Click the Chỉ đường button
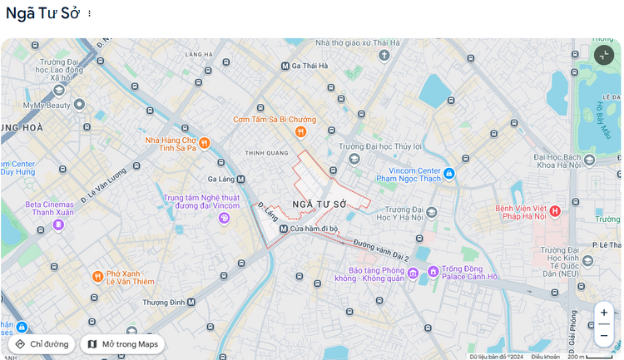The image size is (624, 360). (x=42, y=343)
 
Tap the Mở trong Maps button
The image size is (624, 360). (x=121, y=343)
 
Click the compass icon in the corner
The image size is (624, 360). (x=603, y=55)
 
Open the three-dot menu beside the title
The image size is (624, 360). (x=90, y=13)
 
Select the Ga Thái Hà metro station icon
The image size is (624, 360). (x=285, y=66)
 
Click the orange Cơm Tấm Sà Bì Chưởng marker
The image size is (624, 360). (x=300, y=131)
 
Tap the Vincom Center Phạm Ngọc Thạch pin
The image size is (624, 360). (x=448, y=173)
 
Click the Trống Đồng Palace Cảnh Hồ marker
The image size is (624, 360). (x=433, y=271)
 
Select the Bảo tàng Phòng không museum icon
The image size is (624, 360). (x=413, y=271)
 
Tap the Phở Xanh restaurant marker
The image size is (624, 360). (x=97, y=276)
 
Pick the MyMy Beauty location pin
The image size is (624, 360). (x=80, y=105)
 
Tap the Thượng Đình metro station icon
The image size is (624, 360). (x=192, y=303)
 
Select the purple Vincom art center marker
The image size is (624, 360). (x=223, y=218)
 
